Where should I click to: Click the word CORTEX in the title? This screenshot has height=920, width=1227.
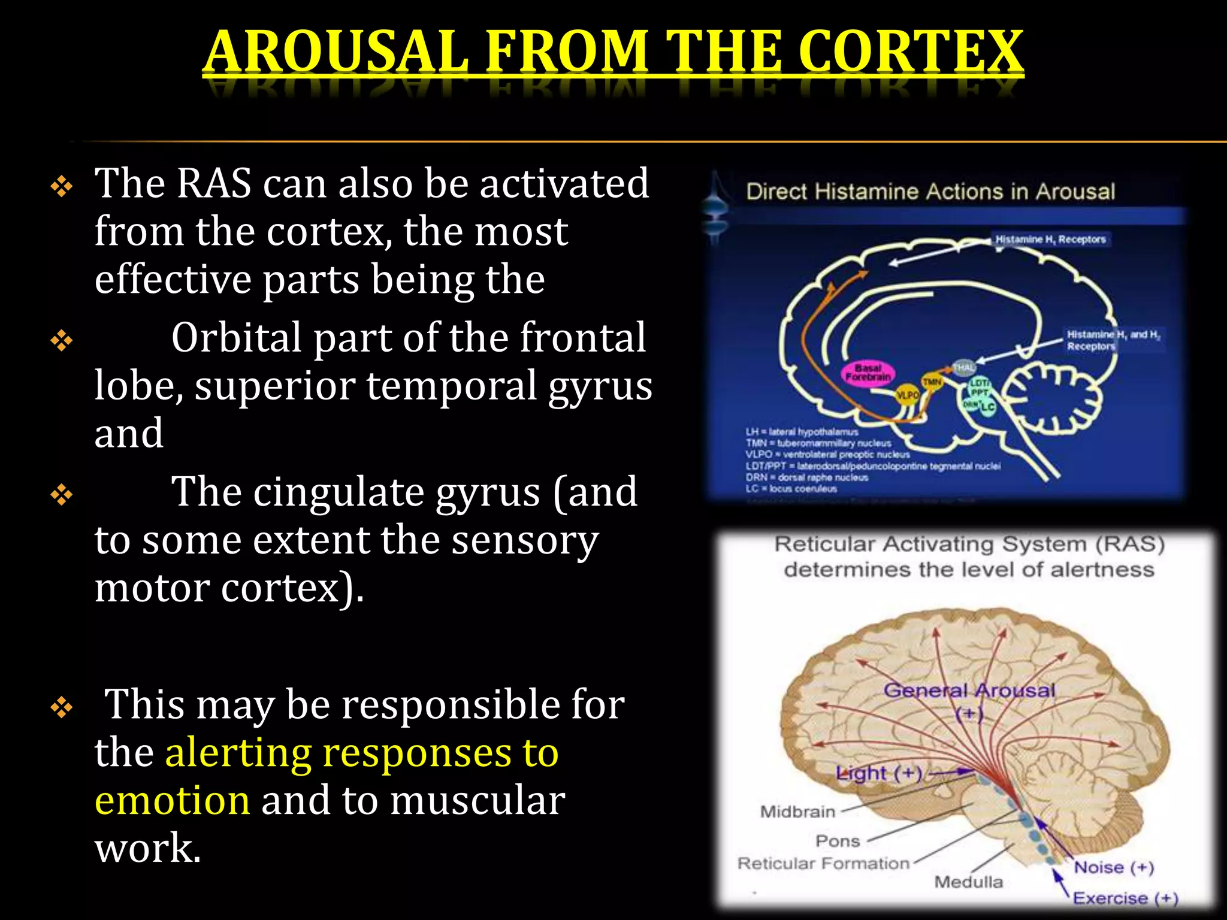(910, 52)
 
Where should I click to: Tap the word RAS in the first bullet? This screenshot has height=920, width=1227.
(214, 183)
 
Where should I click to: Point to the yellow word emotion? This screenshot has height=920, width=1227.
(172, 801)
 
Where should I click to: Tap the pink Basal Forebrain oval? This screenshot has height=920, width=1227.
(868, 373)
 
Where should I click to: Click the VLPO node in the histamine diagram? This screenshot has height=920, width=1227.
(906, 395)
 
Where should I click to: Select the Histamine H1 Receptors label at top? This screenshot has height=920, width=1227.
(1050, 240)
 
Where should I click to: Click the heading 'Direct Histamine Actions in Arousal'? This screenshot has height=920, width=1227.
(930, 192)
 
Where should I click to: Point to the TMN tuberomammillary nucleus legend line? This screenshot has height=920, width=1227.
(818, 443)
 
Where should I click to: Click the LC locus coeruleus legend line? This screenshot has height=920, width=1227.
(791, 489)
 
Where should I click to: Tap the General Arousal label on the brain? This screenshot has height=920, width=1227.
(969, 691)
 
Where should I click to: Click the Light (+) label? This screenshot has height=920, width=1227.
(878, 773)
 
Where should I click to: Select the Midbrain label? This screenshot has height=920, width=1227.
(797, 812)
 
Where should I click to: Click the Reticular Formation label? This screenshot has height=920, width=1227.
(823, 864)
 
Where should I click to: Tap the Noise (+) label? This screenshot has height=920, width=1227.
(1113, 867)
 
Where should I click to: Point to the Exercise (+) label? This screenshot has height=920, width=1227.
(1125, 898)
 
